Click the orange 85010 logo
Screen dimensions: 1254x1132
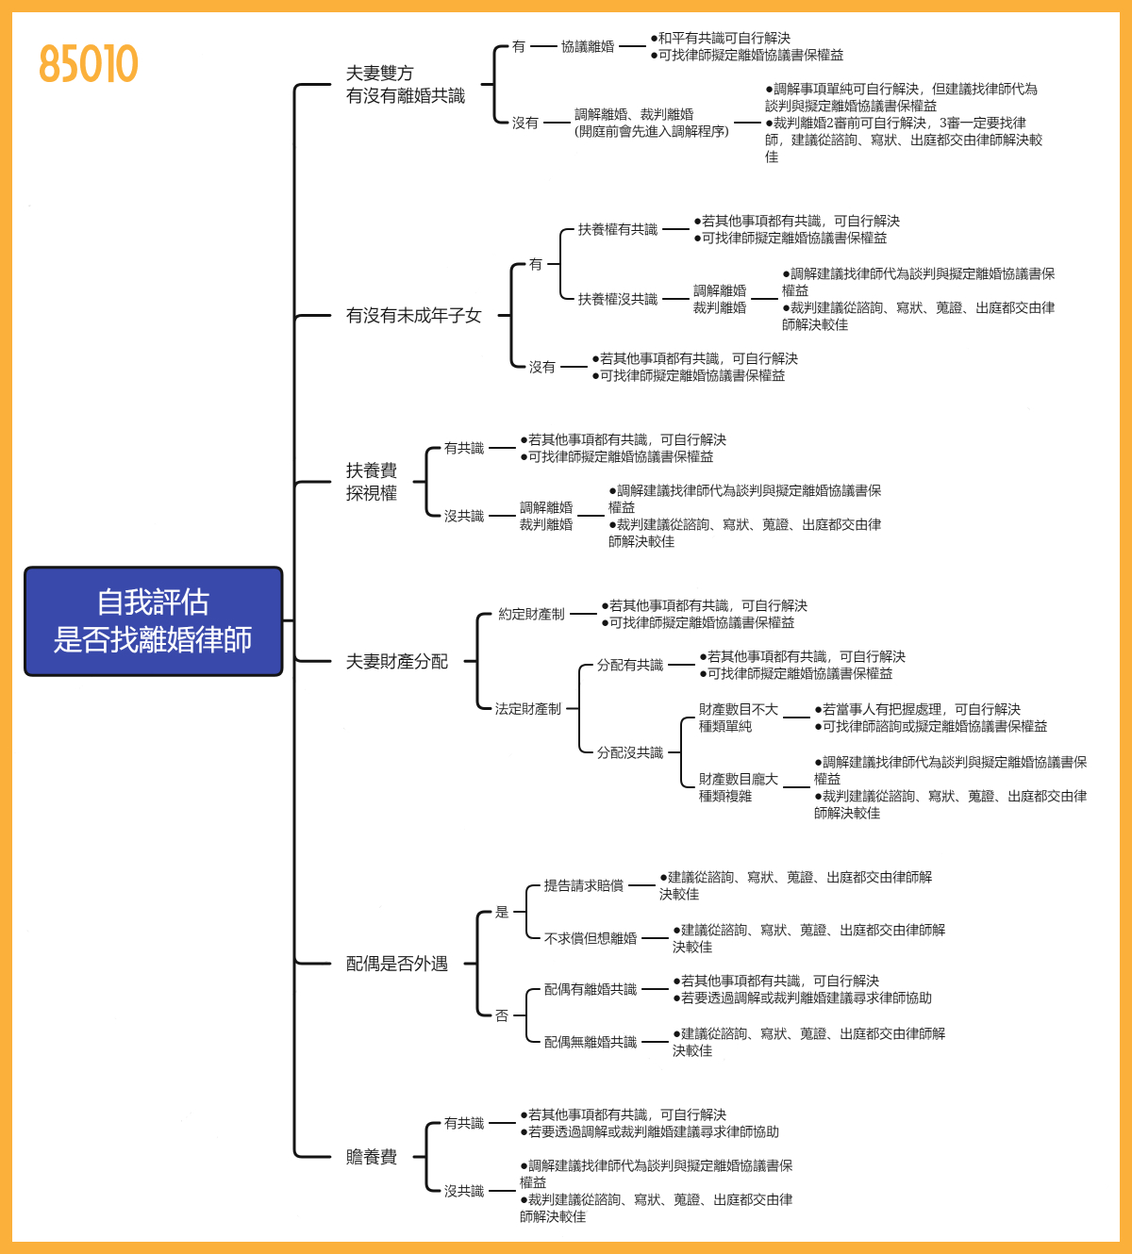(x=89, y=64)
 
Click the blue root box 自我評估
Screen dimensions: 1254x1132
(x=153, y=621)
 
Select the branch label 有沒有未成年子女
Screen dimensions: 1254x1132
(x=413, y=316)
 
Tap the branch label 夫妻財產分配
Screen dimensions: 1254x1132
(x=396, y=662)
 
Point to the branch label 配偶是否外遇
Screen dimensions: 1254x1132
(x=396, y=964)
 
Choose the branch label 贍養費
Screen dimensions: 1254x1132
(x=371, y=1157)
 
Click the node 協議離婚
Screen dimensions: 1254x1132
(x=587, y=46)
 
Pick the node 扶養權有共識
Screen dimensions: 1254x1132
(x=617, y=229)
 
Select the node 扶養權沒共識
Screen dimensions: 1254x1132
(x=617, y=299)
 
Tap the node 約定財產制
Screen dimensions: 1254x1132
(x=531, y=614)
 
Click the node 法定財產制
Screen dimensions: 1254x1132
(x=527, y=708)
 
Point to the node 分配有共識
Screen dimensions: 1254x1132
(x=629, y=665)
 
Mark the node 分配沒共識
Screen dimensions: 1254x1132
(x=629, y=752)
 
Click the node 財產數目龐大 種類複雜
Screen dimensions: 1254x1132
(x=738, y=787)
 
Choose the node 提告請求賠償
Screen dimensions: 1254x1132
(x=583, y=885)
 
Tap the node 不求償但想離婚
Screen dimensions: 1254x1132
(x=590, y=938)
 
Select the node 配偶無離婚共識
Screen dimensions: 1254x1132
(x=590, y=1042)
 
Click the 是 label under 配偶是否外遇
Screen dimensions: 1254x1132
(x=502, y=912)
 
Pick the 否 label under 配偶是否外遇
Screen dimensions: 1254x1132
(x=502, y=1015)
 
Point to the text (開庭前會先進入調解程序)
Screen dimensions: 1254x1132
(x=651, y=131)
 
